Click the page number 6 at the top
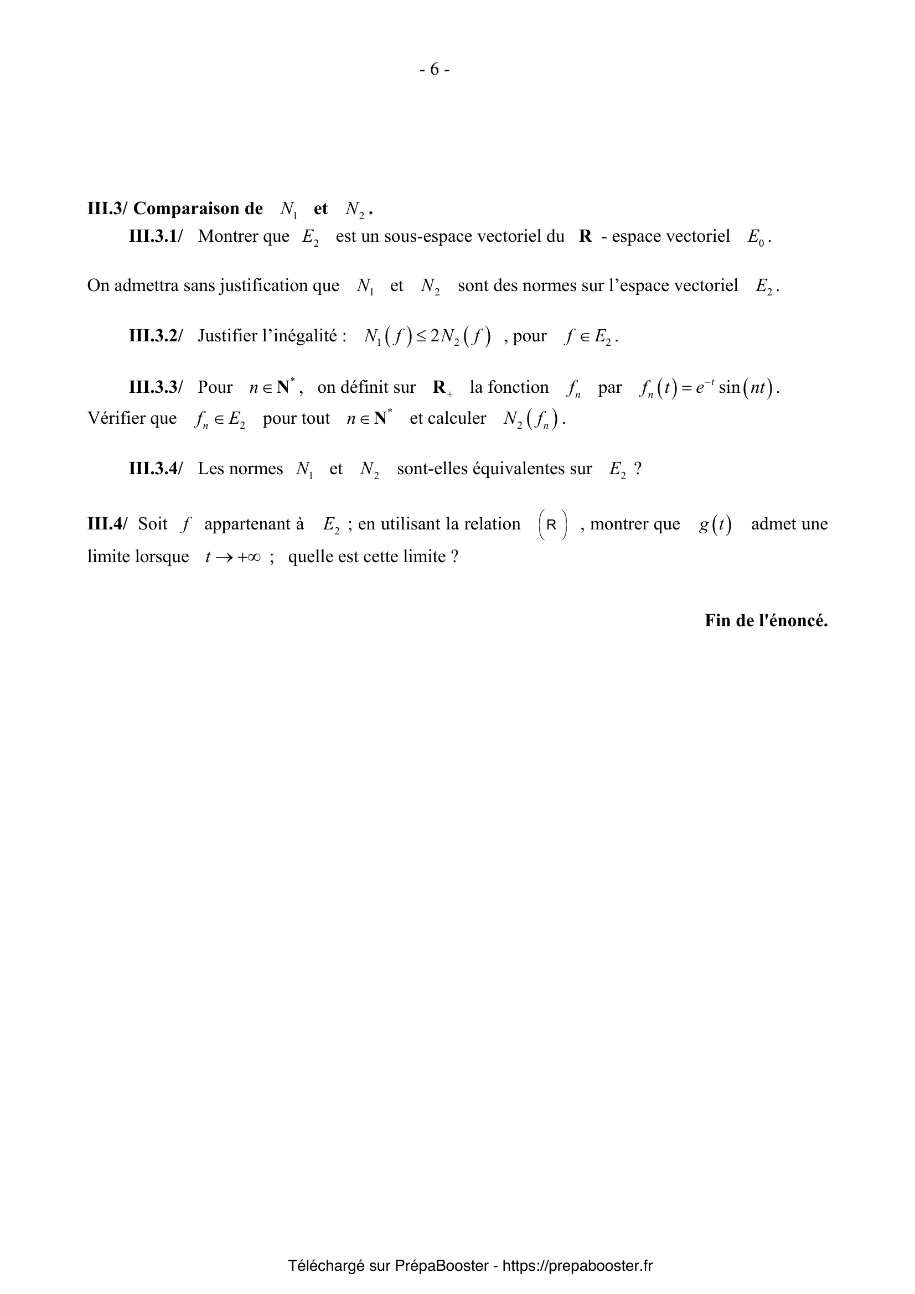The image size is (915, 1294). (x=434, y=69)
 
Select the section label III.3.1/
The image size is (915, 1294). (x=156, y=236)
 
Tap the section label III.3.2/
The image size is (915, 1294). (x=156, y=336)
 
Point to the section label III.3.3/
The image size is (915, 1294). (x=156, y=387)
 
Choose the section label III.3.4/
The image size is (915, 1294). (x=156, y=469)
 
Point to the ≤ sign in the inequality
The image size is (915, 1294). (x=421, y=336)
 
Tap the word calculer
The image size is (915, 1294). (x=457, y=418)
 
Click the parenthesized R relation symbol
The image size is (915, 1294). (x=552, y=524)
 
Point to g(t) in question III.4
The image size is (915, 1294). (x=715, y=524)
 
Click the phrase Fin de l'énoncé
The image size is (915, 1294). (x=766, y=621)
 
